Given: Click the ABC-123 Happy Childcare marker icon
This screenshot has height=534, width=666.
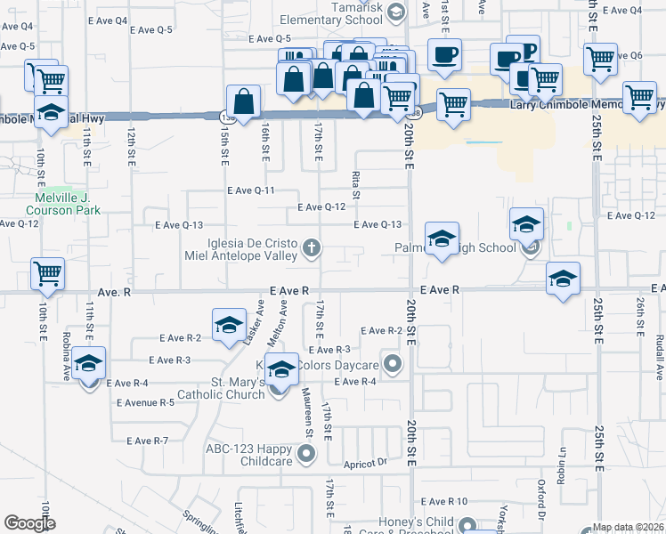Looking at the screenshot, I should pos(307,455).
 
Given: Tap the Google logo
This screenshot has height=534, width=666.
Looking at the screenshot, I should pos(29,523).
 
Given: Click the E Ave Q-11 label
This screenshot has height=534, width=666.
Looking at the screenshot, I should pos(250,190).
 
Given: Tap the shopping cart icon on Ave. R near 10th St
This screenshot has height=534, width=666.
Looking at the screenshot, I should pos(46,273).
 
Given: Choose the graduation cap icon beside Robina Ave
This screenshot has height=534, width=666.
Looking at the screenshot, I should pos(88,365).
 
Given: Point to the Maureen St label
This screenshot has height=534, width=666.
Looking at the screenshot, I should pos(309,417).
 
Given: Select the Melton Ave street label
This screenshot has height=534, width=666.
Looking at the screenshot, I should pos(283,319).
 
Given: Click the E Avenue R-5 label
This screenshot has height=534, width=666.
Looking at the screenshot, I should pos(145,402).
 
